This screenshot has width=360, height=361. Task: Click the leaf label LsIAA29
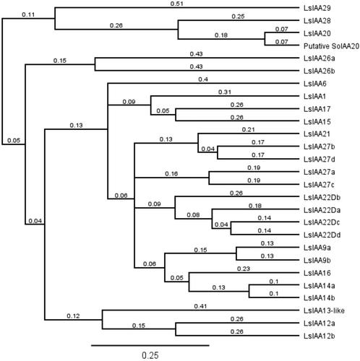point(317,8)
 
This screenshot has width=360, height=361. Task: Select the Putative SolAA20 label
point(331,46)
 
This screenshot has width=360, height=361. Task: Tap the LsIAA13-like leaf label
point(324,310)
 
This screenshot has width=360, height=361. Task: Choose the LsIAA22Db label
point(322,198)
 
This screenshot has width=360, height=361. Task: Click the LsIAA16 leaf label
point(317,273)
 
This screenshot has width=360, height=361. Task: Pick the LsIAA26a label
point(320,58)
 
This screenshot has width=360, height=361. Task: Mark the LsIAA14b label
point(320,298)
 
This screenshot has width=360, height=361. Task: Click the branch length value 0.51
point(177,4)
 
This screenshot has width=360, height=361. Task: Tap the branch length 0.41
point(200,306)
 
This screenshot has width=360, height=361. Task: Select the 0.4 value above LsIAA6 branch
point(203,79)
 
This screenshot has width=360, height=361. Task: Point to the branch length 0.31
point(225,92)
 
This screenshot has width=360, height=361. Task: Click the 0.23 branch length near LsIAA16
point(244,269)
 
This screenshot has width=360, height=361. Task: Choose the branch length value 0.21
point(248,130)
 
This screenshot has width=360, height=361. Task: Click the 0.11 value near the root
point(28,14)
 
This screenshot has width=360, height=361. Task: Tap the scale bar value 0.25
point(150,355)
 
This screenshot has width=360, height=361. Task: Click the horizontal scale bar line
point(150,346)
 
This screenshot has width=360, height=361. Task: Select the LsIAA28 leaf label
point(317,21)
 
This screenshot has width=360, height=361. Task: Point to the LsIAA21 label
point(317,134)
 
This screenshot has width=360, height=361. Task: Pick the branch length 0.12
point(73,316)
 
